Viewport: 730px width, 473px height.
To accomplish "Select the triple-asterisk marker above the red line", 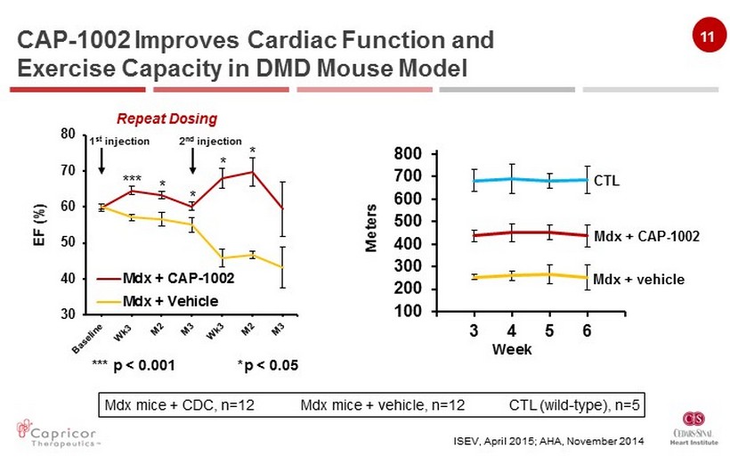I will (131, 179).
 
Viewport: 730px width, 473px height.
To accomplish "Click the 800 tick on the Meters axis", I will (406, 154).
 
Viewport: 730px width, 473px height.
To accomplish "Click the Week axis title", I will (512, 349).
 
